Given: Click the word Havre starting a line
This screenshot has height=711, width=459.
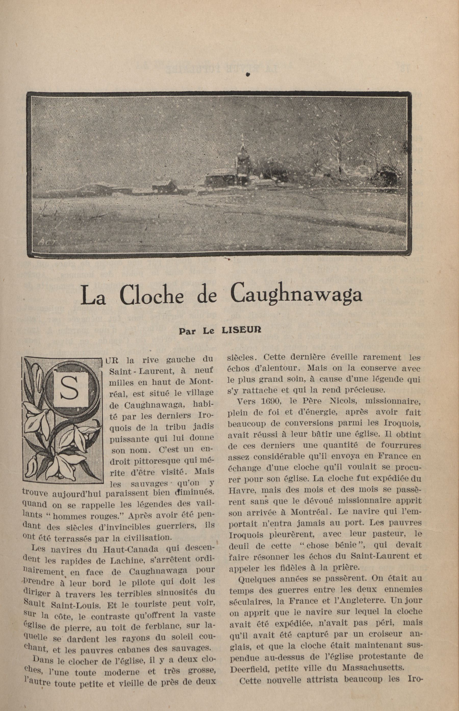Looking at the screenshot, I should coord(241,490).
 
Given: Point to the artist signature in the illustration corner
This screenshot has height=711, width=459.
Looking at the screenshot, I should coord(46,241).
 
